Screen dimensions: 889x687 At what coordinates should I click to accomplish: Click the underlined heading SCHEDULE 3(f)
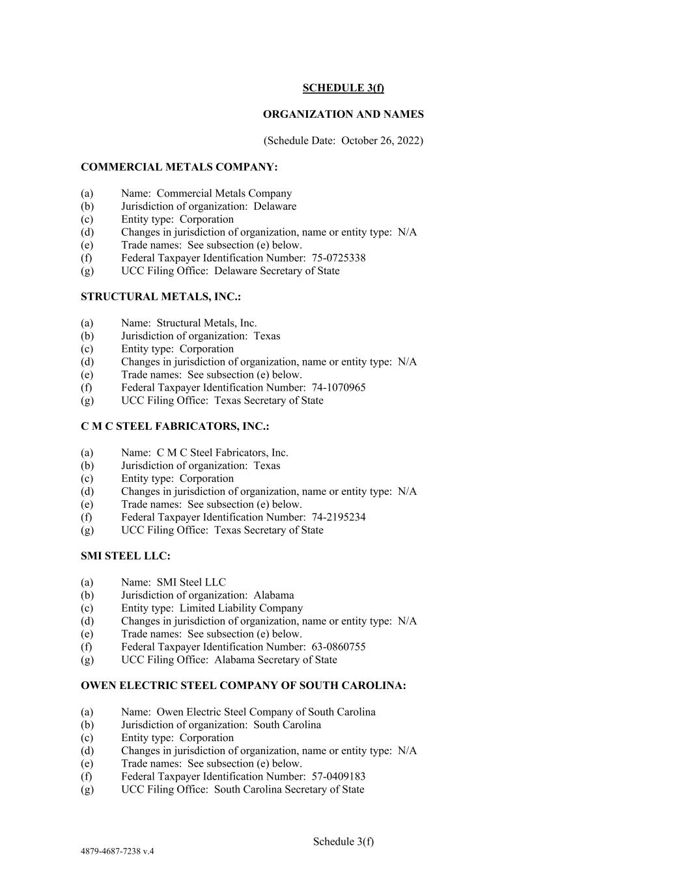[343, 88]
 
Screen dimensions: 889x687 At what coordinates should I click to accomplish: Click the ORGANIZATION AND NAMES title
[343, 114]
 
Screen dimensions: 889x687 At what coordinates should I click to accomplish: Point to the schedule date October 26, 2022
[382, 141]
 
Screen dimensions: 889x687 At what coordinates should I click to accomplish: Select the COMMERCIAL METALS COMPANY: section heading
[179, 167]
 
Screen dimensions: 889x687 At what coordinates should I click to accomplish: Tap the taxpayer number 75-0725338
[339, 258]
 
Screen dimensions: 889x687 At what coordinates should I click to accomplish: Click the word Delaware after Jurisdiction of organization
[275, 206]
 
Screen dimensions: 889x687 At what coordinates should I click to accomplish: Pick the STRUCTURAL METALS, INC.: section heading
[161, 297]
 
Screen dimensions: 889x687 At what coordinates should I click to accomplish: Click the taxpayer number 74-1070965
[339, 388]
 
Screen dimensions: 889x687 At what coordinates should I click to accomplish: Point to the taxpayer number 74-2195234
[339, 517]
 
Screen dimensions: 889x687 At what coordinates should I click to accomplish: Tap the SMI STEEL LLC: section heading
[126, 556]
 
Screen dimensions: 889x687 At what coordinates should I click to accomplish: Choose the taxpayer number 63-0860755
[339, 647]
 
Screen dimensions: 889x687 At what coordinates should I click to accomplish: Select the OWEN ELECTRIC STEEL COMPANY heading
[244, 686]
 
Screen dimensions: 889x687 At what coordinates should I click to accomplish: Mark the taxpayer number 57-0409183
[339, 776]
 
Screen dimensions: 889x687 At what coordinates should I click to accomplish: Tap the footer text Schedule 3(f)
[343, 841]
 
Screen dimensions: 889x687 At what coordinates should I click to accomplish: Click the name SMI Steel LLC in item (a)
[191, 582]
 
